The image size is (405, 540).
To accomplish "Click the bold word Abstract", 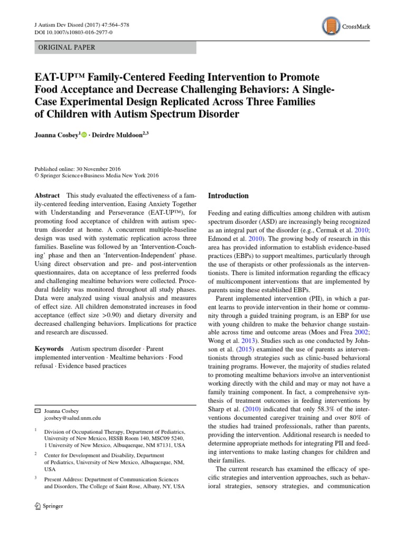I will point(46,195).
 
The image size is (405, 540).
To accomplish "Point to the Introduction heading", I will point(228,196).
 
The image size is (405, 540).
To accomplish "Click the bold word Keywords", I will point(49,349).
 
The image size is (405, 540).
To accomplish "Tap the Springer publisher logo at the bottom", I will point(49,506).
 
